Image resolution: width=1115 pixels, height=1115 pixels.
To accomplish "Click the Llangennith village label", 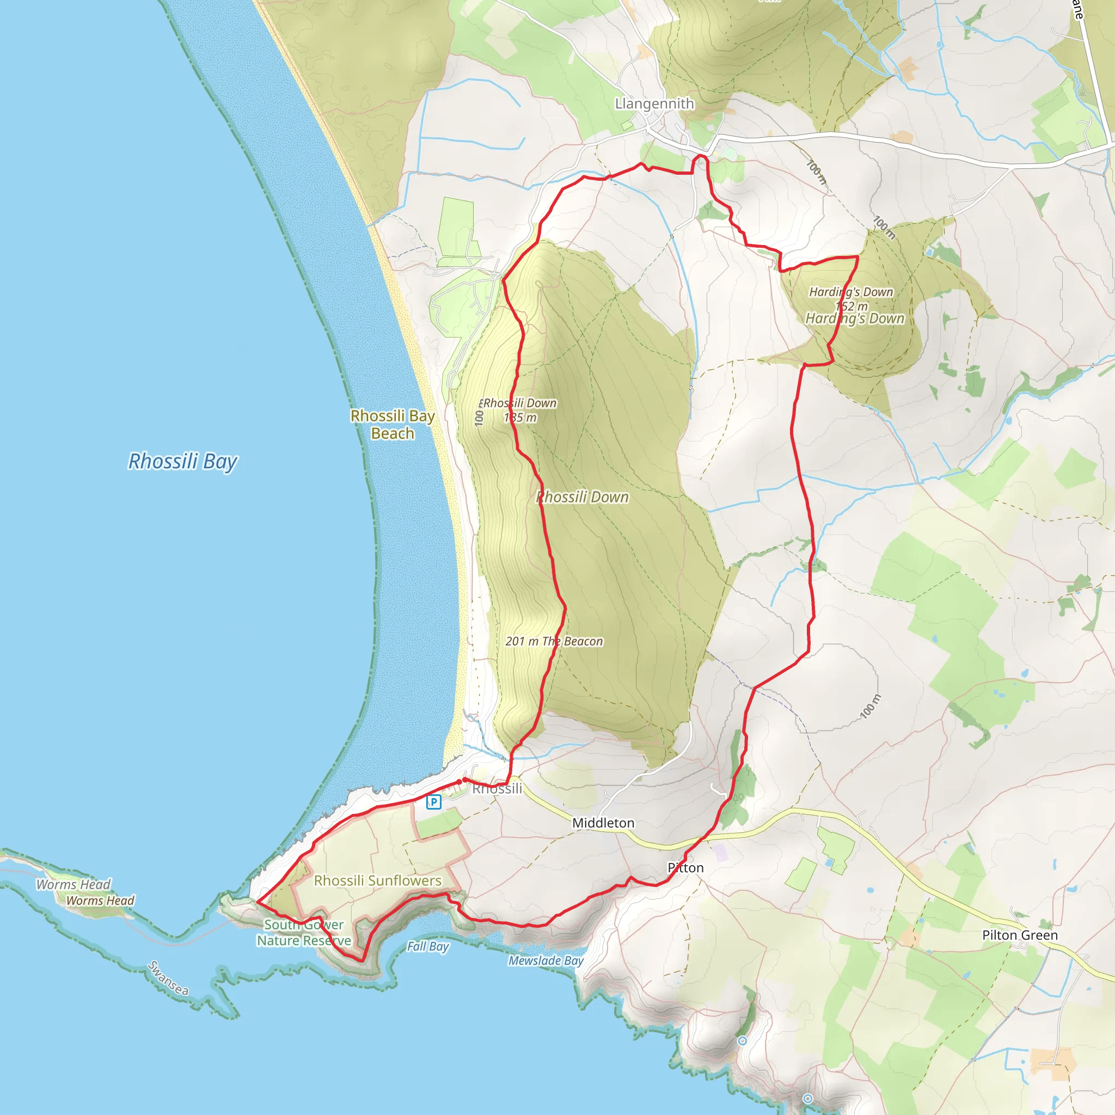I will [654, 104].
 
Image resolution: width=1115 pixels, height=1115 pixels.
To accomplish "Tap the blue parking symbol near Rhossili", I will [433, 801].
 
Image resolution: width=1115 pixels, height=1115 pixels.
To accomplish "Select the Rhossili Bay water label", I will [182, 462].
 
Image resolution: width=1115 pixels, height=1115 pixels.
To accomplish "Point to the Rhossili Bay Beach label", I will [393, 424].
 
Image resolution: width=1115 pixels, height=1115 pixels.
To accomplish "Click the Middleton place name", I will [603, 823].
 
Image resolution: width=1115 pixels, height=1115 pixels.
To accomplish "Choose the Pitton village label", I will [685, 868].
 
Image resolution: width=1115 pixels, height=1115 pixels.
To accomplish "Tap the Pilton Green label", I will [1020, 935].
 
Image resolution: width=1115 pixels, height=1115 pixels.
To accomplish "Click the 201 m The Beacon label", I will [554, 641].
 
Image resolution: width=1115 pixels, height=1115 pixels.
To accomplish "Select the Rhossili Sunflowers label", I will [377, 881].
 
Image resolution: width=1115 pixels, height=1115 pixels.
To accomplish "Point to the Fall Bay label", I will [427, 946].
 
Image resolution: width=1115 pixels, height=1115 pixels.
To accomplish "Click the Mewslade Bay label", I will [546, 960].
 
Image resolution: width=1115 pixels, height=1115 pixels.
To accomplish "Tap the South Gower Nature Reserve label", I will [304, 933].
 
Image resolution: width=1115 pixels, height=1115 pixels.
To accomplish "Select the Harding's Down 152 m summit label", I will [851, 299].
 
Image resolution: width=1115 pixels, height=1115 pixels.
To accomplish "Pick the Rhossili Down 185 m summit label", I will [520, 411].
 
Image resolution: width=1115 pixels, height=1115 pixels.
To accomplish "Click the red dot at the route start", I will [464, 780].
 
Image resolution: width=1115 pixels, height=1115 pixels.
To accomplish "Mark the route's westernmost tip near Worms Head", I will [257, 901].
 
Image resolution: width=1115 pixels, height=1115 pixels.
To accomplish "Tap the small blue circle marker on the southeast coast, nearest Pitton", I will [743, 1040].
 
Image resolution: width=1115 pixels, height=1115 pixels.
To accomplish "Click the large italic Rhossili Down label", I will [583, 498].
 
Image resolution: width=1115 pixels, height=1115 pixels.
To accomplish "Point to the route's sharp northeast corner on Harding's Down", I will [857, 257].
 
